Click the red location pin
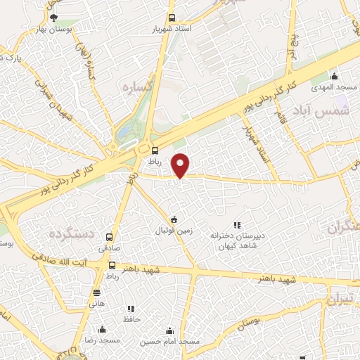pos(181,165)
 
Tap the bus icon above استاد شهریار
pos(172,19)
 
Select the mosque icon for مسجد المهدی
pos(335,76)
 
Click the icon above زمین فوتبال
pos(174,219)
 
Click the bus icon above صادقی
pos(109,238)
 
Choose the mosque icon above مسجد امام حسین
pos(169,330)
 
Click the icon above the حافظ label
pos(131,309)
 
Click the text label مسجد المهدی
pos(337,86)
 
